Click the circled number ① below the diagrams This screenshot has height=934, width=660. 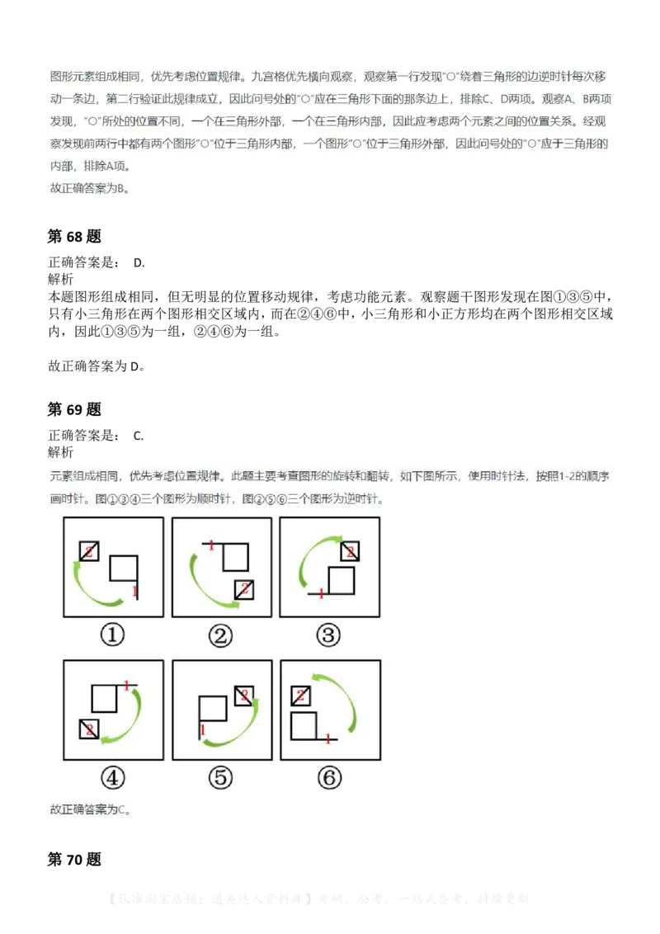click(113, 635)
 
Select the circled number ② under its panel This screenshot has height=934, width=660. click(220, 635)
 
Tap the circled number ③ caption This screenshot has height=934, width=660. click(329, 635)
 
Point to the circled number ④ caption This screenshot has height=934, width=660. click(113, 778)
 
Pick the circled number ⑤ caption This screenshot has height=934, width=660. click(220, 778)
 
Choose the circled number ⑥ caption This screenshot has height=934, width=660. click(329, 778)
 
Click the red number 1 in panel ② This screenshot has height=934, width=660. click(211, 545)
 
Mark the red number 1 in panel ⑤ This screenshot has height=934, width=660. click(200, 729)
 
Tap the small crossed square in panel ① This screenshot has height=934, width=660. click(88, 550)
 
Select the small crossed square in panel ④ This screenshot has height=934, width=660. click(89, 729)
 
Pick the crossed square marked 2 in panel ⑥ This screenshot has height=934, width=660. click(300, 696)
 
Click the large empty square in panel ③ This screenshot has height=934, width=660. click(341, 581)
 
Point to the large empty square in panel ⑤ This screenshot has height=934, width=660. click(212, 710)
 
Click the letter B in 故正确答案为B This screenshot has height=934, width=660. click(120, 189)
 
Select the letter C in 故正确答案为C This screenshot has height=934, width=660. click(121, 809)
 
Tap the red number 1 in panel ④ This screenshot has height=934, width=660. click(126, 685)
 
